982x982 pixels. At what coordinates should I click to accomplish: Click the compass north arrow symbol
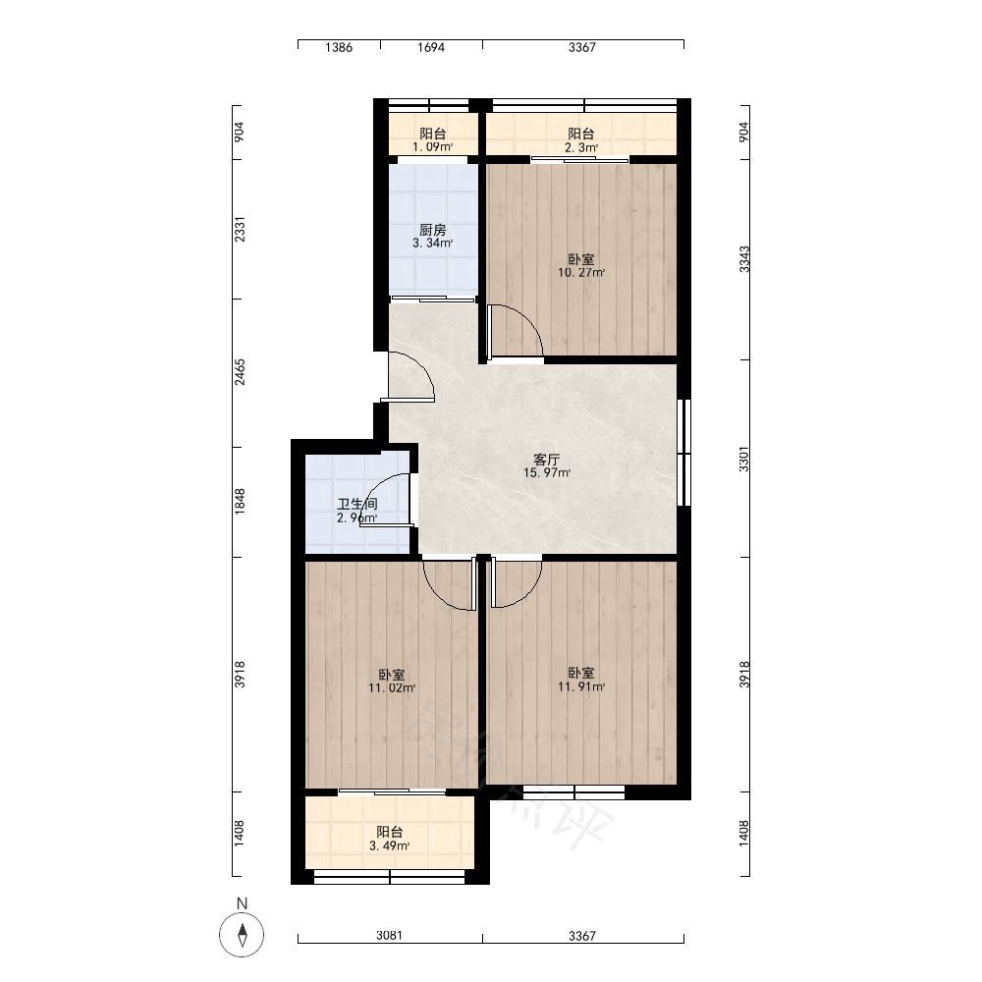click(242, 935)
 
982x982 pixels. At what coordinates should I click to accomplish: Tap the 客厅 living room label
click(547, 460)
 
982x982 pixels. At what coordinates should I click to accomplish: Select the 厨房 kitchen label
click(433, 230)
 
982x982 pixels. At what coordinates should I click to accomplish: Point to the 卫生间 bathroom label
click(357, 504)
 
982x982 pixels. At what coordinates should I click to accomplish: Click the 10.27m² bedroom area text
click(581, 273)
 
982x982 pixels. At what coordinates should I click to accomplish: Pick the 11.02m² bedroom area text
click(392, 688)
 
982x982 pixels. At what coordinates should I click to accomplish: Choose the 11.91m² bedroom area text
click(581, 687)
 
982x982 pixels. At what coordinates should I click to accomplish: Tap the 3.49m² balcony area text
click(390, 846)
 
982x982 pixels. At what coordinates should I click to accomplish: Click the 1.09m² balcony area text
click(432, 147)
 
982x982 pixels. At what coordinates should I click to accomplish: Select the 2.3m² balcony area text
click(581, 148)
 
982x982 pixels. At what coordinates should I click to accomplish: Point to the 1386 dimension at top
click(339, 47)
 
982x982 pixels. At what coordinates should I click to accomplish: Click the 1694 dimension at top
click(431, 47)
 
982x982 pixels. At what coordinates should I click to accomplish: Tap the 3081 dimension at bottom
click(389, 936)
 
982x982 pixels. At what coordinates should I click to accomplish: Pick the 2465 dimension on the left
click(240, 372)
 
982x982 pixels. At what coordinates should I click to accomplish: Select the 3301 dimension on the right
click(744, 459)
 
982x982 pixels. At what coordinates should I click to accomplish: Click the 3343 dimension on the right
click(744, 258)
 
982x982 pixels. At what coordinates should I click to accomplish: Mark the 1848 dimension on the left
click(240, 502)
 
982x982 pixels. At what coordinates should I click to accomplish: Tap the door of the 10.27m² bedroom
click(516, 331)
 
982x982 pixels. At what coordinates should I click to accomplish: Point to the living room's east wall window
click(684, 452)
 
